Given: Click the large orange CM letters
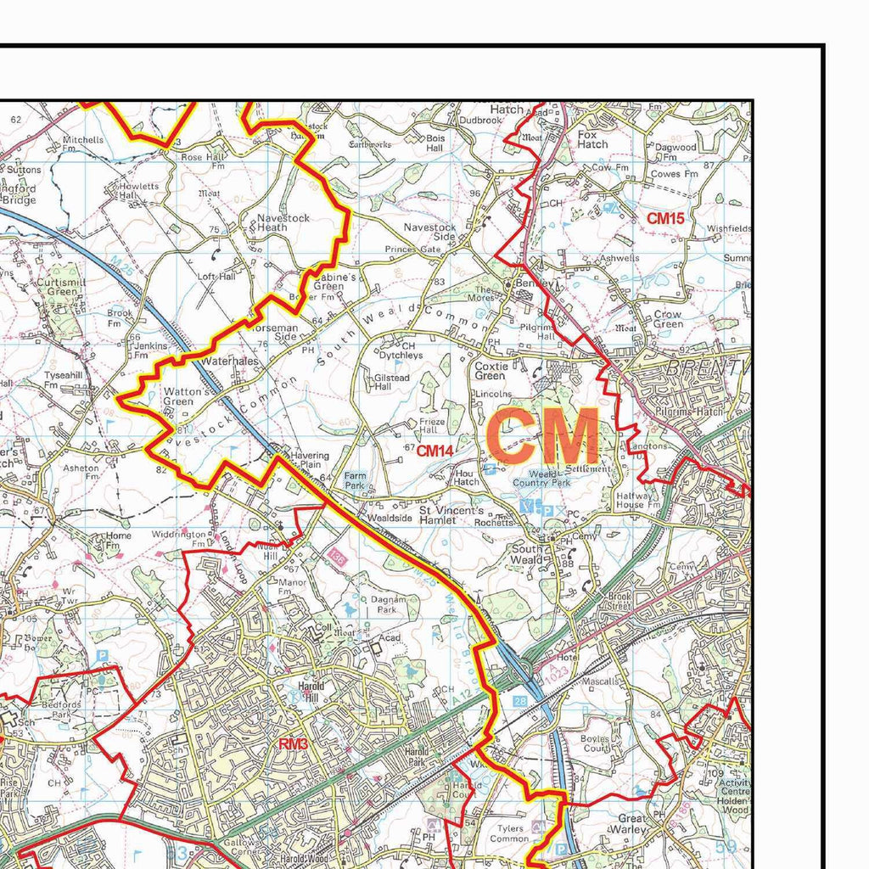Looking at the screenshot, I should pos(543,435).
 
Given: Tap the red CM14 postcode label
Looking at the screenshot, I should pos(434,451).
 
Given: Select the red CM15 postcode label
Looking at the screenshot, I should pos(665,218).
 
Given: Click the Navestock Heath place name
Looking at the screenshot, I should pos(283,223).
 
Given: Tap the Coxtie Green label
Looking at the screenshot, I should pos(491,371).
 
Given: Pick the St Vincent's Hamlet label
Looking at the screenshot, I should pos(451,516).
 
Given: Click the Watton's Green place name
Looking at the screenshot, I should pos(184,396).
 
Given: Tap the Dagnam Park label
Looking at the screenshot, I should pos(384,603).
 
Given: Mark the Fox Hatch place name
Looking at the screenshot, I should pos(592,139).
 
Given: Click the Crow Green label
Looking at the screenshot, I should pos(668,318).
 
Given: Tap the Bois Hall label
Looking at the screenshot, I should pos(434,142).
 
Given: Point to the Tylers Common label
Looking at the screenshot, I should pos(510,833).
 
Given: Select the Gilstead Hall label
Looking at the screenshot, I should pos(392,382).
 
